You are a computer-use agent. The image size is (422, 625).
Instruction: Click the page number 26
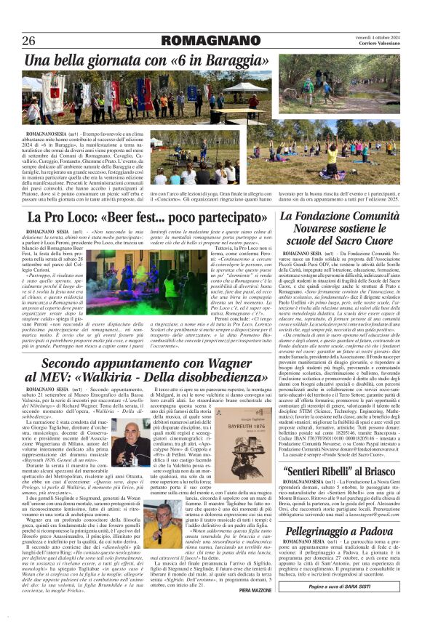click(31, 41)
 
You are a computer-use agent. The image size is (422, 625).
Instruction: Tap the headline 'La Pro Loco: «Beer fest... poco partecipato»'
click(146, 217)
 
